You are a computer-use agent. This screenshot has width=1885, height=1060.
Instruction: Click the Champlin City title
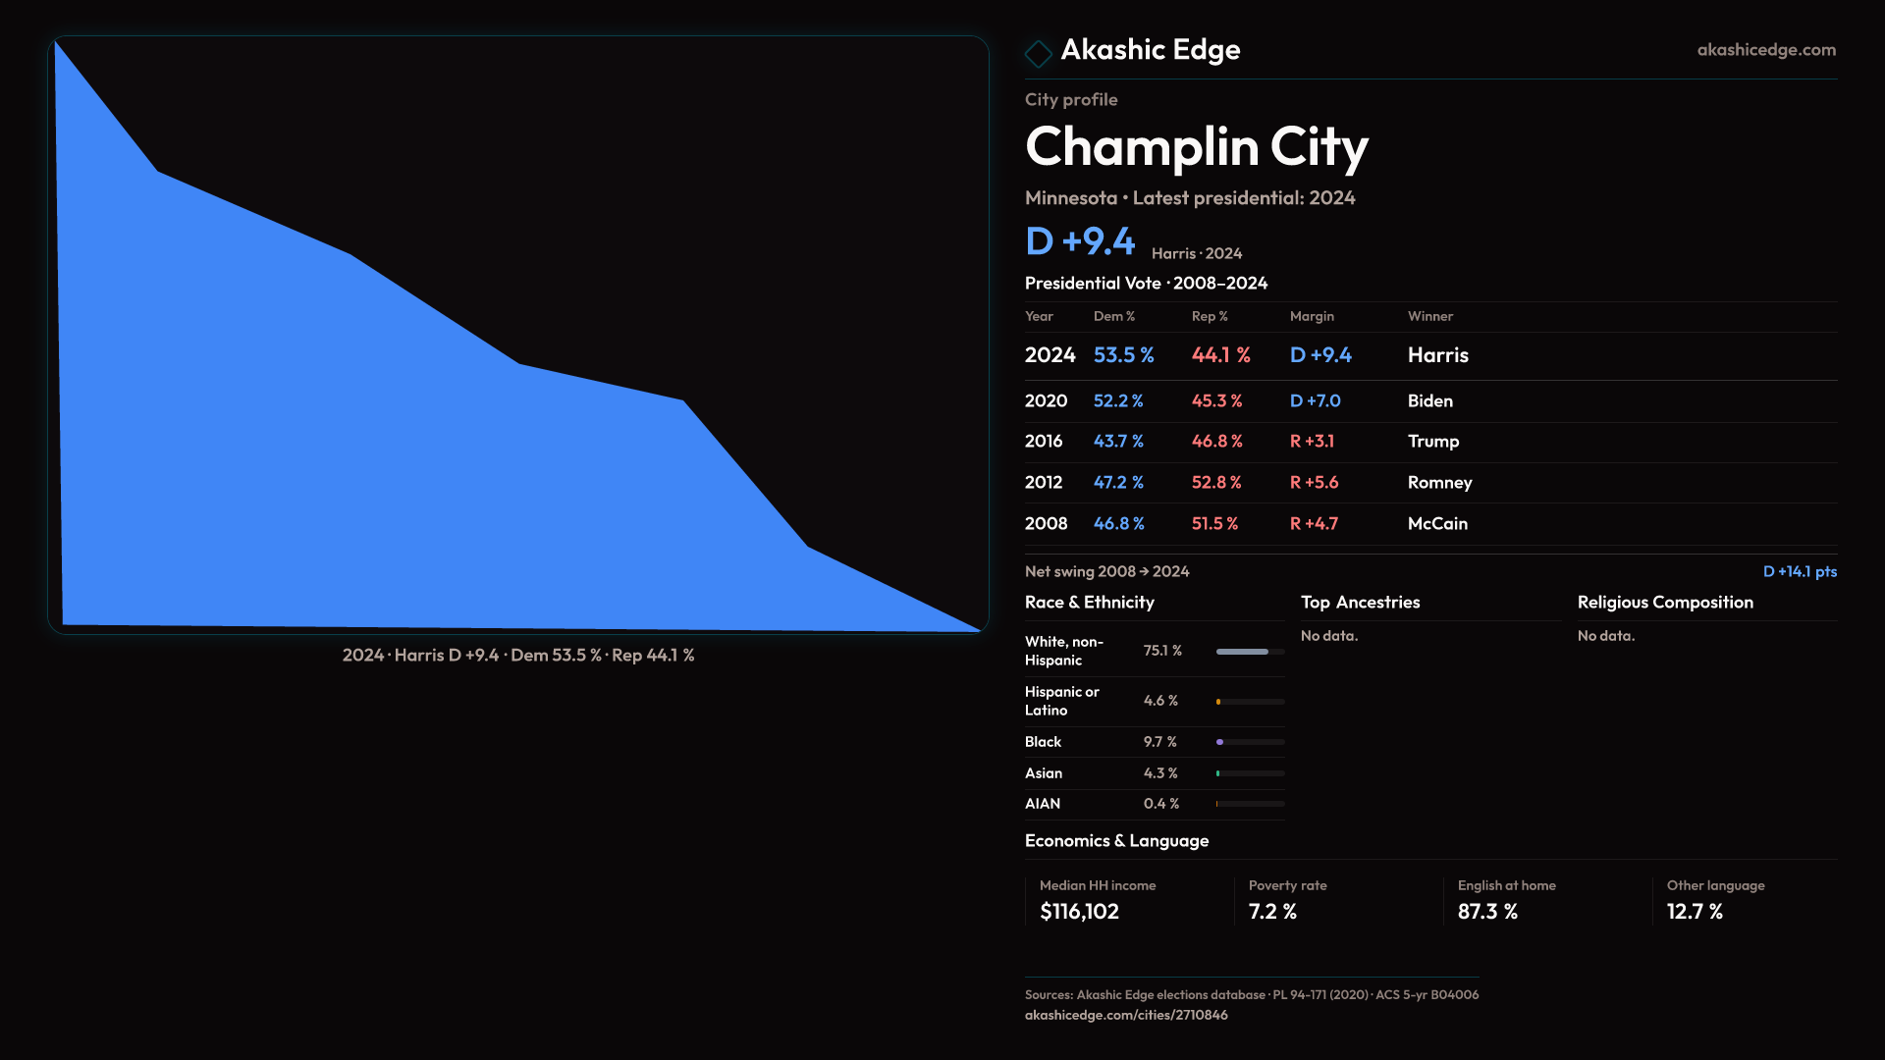[x=1196, y=147]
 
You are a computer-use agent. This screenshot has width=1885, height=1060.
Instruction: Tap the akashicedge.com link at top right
[x=1765, y=50]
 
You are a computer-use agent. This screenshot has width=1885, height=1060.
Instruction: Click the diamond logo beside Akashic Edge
[x=1038, y=53]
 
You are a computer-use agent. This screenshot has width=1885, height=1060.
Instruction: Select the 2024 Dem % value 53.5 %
[x=1123, y=355]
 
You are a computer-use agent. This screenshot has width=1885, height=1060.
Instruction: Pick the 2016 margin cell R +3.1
[x=1312, y=442]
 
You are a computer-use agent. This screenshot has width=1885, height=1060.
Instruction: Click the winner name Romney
[x=1439, y=483]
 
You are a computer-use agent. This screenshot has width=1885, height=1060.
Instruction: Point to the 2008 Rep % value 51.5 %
[x=1214, y=524]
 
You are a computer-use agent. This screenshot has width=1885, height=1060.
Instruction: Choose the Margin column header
[x=1312, y=316]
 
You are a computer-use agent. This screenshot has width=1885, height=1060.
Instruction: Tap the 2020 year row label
[x=1046, y=401]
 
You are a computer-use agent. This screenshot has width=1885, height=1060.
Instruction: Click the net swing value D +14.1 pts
[x=1799, y=571]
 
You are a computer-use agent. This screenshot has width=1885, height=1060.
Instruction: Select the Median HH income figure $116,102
[x=1079, y=912]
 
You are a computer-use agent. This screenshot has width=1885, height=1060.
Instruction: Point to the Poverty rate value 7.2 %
[x=1272, y=912]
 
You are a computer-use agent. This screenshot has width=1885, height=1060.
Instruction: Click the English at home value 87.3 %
[x=1487, y=912]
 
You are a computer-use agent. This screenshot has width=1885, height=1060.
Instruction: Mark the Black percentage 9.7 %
[x=1159, y=742]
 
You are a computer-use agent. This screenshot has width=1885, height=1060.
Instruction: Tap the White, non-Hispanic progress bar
[x=1250, y=652]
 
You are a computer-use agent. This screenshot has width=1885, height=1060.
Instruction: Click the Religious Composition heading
[x=1664, y=603]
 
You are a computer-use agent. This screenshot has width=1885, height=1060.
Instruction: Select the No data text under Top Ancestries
[x=1328, y=636]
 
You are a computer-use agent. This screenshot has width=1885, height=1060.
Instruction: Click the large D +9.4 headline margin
[x=1080, y=241]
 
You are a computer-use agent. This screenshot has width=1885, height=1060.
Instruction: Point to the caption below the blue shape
[x=518, y=655]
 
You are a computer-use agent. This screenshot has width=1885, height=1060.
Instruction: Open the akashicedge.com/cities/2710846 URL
[x=1125, y=1015]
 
